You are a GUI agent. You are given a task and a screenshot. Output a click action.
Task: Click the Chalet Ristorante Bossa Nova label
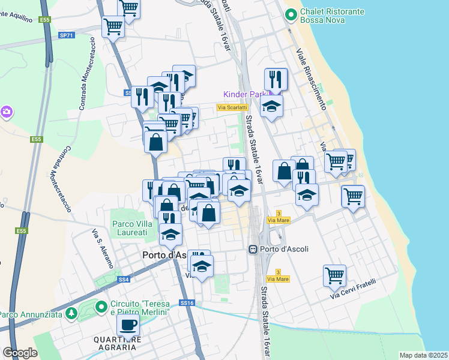pos(332,16)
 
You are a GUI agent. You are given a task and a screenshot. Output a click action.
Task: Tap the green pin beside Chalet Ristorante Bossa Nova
pos(291,13)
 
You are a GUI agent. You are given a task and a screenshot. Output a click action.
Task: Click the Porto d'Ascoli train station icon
pos(254,249)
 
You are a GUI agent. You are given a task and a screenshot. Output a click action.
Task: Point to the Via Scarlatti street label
pos(232,107)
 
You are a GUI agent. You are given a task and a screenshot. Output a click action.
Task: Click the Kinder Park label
pos(244,94)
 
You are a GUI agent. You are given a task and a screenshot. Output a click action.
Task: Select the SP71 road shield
pos(67,35)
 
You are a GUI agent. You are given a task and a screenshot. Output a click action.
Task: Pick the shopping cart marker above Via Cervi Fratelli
pos(334,276)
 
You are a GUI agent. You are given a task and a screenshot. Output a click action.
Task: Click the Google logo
pos(20,353)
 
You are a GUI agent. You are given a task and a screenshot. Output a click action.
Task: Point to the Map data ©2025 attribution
pos(423,355)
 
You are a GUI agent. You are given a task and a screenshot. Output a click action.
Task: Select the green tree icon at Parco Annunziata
pos(71,313)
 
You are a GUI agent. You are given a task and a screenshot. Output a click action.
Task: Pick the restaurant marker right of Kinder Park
pos(276,79)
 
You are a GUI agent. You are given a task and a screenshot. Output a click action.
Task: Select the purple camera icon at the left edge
pos(6,112)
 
